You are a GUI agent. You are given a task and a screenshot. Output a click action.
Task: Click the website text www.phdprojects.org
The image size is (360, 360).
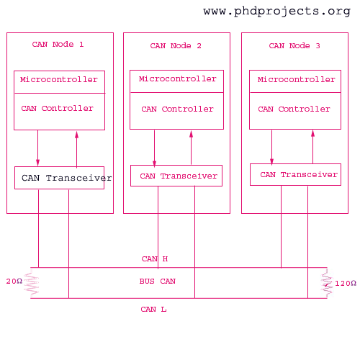point(277,12)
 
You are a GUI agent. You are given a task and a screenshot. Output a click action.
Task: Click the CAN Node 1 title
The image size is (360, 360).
point(58,45)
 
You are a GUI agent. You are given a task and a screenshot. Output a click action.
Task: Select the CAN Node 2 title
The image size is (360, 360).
point(176,45)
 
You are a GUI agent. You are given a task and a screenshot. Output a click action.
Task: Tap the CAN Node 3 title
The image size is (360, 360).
point(294,45)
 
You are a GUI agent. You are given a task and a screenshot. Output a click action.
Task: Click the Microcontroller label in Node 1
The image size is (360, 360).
point(59,79)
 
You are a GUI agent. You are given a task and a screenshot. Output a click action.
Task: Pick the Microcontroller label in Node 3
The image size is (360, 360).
point(297,79)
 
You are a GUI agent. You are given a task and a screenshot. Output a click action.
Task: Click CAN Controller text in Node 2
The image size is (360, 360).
point(177,109)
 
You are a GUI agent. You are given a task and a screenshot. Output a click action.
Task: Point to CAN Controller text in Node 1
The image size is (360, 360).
point(57,109)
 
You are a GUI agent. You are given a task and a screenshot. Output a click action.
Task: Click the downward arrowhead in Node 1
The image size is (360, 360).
point(37,162)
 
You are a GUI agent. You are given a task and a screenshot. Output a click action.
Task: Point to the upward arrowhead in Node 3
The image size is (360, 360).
point(312,134)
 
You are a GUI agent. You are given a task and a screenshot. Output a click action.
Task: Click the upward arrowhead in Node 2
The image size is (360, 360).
point(191,135)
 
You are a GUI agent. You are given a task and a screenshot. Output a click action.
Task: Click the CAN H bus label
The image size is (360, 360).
point(155,259)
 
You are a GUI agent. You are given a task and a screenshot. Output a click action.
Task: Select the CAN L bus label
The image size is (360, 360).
point(153,310)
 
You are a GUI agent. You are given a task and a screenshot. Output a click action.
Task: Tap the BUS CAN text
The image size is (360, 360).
point(158,282)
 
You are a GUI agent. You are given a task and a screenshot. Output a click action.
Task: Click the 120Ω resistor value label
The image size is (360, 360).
point(346,284)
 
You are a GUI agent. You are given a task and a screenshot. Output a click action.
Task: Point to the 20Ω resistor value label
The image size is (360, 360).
point(14,282)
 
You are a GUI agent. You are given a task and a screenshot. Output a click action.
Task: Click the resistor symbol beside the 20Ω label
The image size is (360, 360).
point(32,283)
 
